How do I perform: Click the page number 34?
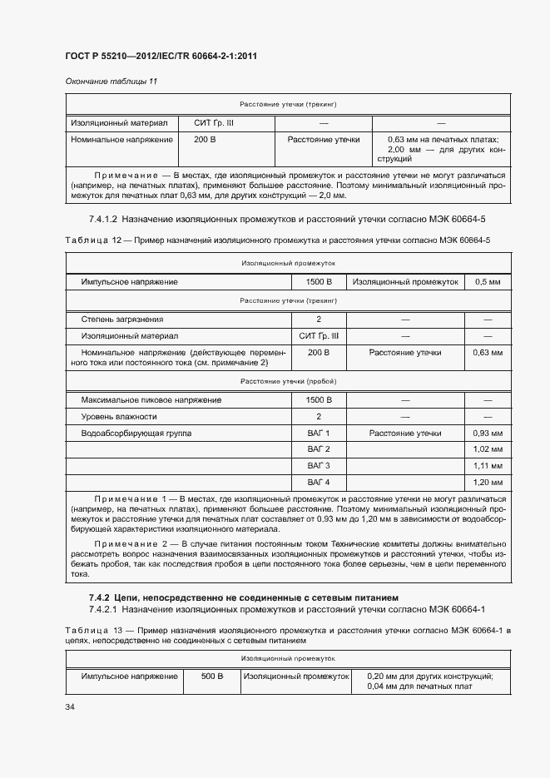pyautogui.click(x=70, y=706)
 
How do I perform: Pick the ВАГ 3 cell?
pyautogui.click(x=318, y=465)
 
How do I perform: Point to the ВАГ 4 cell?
pyautogui.click(x=318, y=482)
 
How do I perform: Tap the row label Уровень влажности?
pyautogui.click(x=119, y=417)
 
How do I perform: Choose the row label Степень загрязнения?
pyautogui.click(x=122, y=320)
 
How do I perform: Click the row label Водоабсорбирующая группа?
pyautogui.click(x=136, y=434)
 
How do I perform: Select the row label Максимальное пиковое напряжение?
pyautogui.click(x=151, y=400)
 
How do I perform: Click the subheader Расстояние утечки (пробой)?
pyautogui.click(x=288, y=381)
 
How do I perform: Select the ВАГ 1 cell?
pyautogui.click(x=318, y=434)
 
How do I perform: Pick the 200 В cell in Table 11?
pyautogui.click(x=205, y=140)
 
